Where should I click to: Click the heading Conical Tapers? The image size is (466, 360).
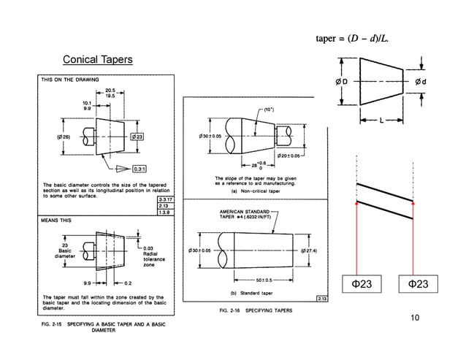[x=97, y=58]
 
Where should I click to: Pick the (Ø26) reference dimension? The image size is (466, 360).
[x=63, y=137]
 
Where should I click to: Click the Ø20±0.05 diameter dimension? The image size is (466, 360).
[x=290, y=156]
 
